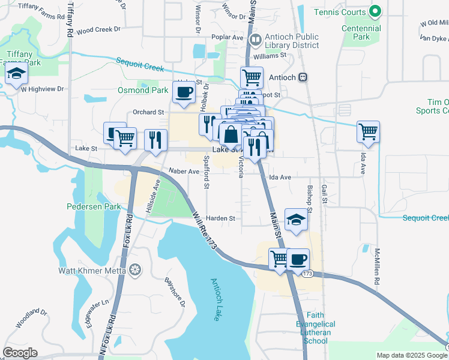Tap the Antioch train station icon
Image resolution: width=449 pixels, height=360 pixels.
pos(304,77)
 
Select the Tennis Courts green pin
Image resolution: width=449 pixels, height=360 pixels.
pos(375,11)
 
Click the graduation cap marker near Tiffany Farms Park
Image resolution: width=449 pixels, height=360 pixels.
pos(17,74)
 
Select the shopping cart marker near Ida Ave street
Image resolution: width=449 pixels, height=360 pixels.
pos(368,131)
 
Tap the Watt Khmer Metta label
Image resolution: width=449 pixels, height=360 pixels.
pos(92,271)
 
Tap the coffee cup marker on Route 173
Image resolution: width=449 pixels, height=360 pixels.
pos(297,259)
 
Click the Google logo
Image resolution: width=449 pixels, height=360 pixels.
pos(20,353)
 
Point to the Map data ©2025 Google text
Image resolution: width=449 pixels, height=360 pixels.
pos(411,355)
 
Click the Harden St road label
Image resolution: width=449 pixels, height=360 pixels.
pos(220,219)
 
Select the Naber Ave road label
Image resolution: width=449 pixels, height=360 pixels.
pos(184,172)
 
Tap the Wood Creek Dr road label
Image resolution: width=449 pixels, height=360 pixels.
pos(98,29)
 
